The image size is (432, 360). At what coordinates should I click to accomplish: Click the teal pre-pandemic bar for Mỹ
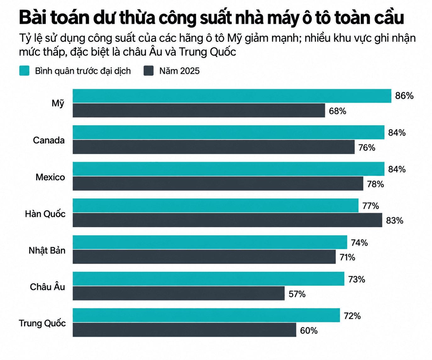[232, 96]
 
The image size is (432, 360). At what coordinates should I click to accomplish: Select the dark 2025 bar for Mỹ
[199, 110]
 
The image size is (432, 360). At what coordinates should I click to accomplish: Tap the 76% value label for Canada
[367, 148]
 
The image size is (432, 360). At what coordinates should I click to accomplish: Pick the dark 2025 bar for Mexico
[218, 184]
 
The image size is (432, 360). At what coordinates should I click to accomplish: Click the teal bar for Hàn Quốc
[216, 205]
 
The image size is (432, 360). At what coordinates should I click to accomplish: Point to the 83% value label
[395, 221]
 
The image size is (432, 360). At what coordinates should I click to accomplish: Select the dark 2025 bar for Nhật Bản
[204, 257]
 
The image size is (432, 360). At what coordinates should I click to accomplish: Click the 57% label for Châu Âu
[297, 294]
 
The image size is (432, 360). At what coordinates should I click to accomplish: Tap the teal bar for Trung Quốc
[206, 315]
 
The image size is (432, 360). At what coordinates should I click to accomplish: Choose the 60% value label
[309, 331]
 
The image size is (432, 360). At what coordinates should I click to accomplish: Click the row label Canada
[49, 140]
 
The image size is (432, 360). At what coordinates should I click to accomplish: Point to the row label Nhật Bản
[47, 251]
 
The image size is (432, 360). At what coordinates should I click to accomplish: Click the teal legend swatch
[24, 71]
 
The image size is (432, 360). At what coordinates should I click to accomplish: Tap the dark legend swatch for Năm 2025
[148, 71]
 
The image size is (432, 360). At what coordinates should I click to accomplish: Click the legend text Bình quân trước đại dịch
[83, 71]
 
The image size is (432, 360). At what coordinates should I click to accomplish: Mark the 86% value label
[404, 96]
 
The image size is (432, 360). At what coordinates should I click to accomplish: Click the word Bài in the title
[33, 18]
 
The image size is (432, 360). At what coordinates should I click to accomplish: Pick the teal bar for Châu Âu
[208, 279]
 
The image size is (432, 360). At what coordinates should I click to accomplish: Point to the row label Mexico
[50, 177]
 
